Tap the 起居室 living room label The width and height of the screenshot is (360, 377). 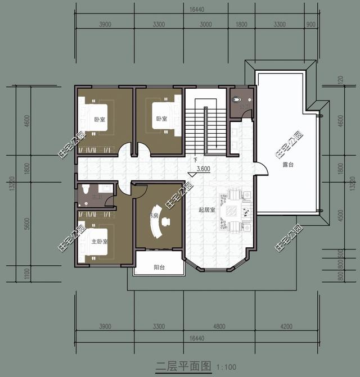click(x=206, y=210)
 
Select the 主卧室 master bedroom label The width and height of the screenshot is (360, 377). click(x=100, y=241)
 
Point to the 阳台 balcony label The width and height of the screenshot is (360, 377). click(x=159, y=267)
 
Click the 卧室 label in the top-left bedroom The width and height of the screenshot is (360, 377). click(x=100, y=119)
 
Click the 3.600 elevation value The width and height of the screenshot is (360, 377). click(x=202, y=169)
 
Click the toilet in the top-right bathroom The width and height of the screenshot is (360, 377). click(x=237, y=100)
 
